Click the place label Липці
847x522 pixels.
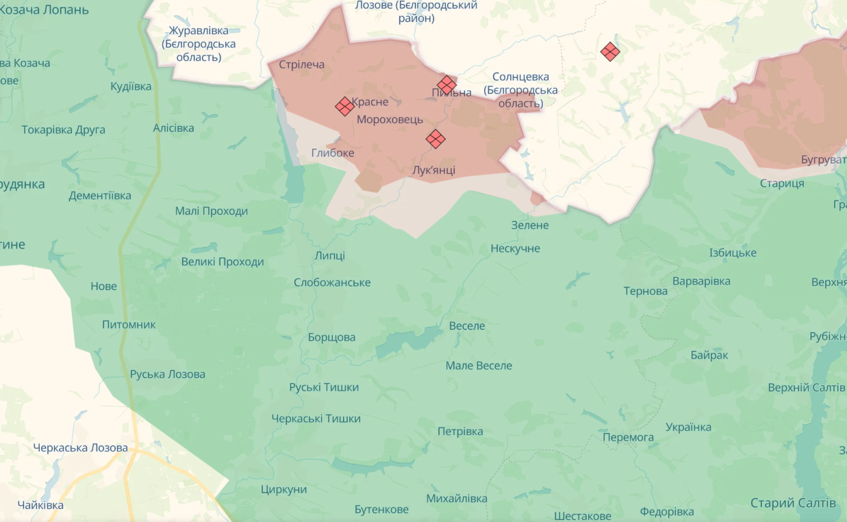click(329, 256)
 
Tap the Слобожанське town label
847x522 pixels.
click(332, 283)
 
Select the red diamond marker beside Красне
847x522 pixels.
click(344, 106)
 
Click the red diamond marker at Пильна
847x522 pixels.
click(446, 85)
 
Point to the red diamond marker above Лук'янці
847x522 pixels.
click(435, 139)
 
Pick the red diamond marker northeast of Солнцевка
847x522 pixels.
click(610, 51)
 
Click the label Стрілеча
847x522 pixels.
click(302, 65)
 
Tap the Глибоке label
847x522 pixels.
click(333, 153)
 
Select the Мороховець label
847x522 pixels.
click(390, 119)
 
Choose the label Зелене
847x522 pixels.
click(530, 225)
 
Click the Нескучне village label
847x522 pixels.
click(515, 248)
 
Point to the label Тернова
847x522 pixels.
click(645, 291)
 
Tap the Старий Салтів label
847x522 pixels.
click(793, 503)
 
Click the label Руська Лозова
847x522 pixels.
click(168, 374)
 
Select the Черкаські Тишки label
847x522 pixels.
click(316, 419)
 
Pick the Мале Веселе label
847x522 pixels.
click(479, 366)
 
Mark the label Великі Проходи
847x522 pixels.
click(223, 262)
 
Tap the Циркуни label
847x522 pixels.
click(283, 489)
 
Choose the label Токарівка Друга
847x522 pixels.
click(64, 129)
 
